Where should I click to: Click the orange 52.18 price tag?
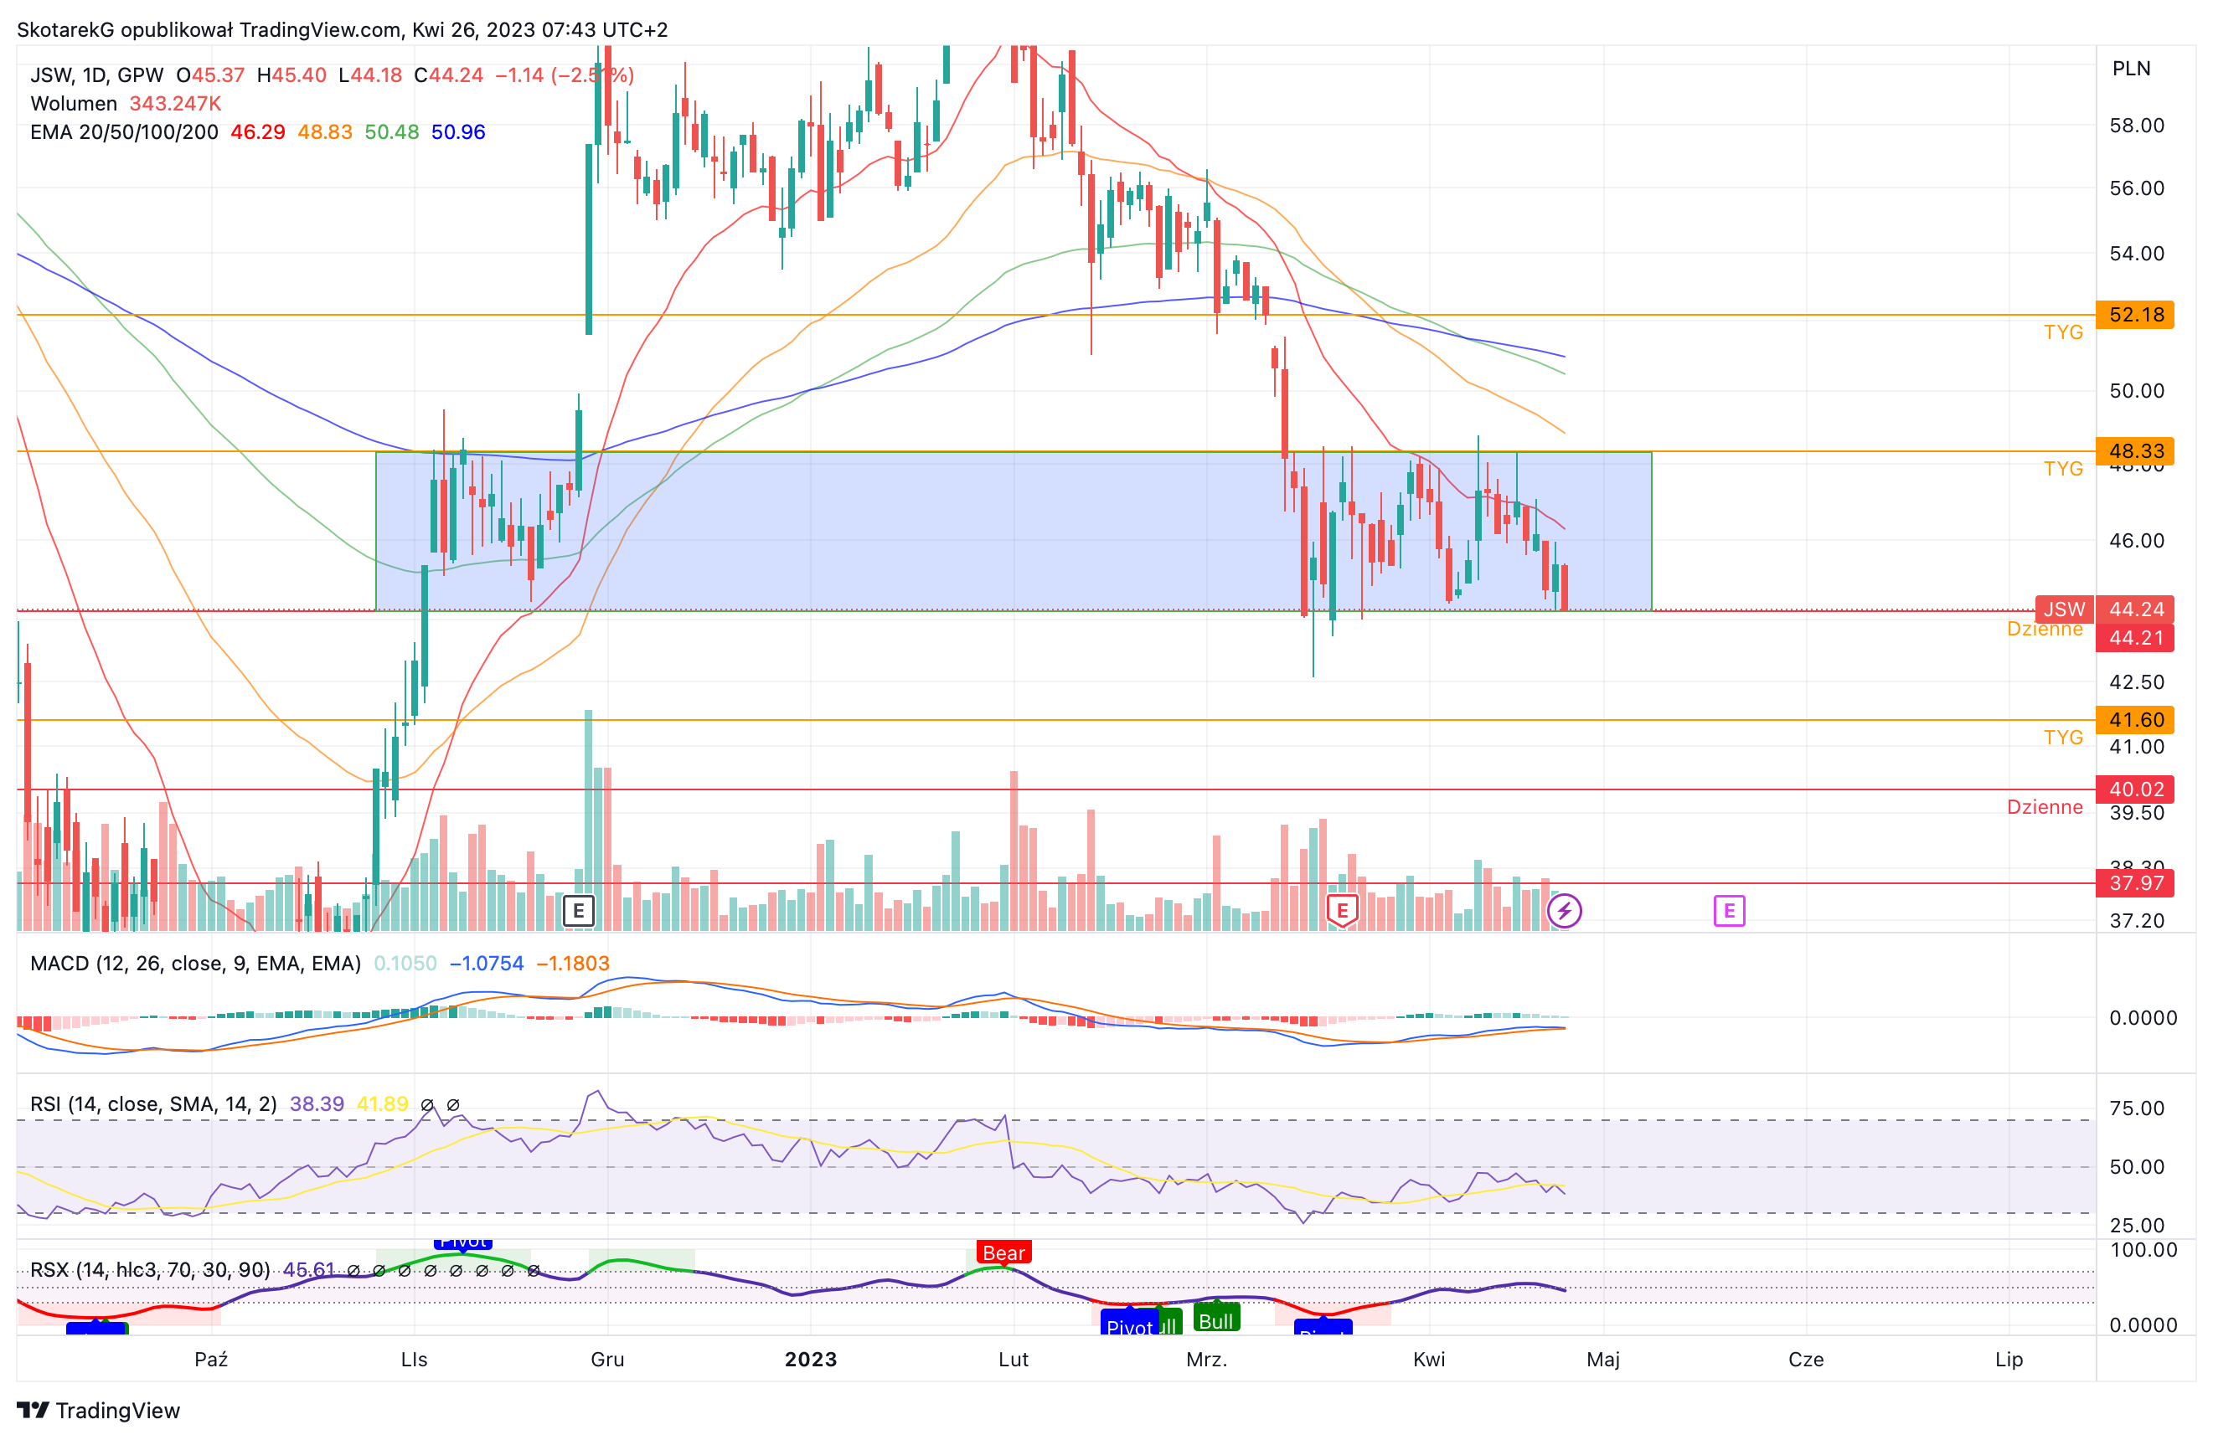[x=2135, y=315]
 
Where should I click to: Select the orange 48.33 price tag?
[x=2135, y=451]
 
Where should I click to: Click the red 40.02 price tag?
[x=2135, y=789]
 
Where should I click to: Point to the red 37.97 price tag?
[x=2135, y=883]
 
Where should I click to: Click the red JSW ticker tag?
[x=2063, y=609]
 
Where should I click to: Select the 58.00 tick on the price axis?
[x=2136, y=126]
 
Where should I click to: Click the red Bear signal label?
[x=1003, y=1252]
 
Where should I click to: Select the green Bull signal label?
[x=1215, y=1320]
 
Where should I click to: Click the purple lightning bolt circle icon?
[x=1564, y=911]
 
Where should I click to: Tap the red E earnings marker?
[x=1342, y=911]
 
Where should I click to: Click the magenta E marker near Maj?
[x=1729, y=911]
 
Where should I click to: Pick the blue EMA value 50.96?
[x=457, y=132]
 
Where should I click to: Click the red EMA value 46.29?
[x=257, y=132]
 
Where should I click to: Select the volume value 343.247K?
[x=175, y=103]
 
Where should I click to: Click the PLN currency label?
[x=2130, y=69]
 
